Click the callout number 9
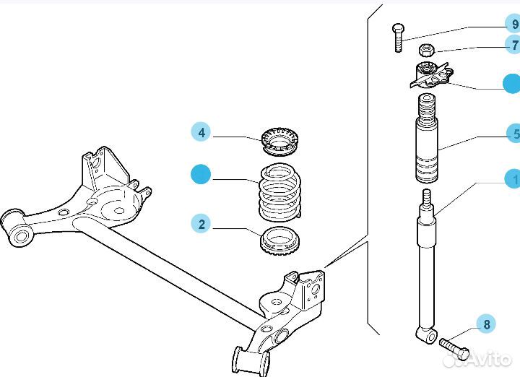(514, 25)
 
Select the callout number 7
(514, 45)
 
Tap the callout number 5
(515, 134)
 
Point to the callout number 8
(486, 324)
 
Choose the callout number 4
(201, 132)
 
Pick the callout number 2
(201, 224)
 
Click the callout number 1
(515, 178)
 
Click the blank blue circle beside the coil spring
(201, 175)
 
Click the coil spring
(280, 192)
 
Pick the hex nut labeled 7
(426, 50)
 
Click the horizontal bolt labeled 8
(454, 349)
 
